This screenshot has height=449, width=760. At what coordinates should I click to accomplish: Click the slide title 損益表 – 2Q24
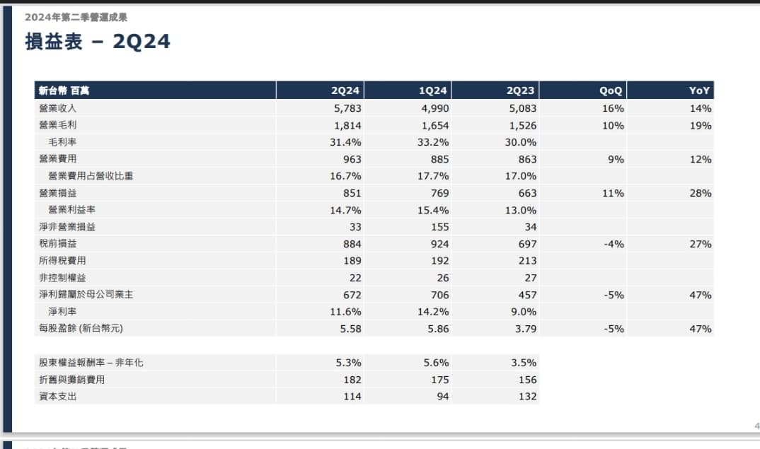tap(98, 42)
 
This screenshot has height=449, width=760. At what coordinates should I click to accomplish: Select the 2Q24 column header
tap(345, 91)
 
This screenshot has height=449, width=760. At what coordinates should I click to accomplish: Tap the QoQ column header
tap(610, 91)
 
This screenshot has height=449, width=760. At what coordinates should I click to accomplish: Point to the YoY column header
tap(699, 91)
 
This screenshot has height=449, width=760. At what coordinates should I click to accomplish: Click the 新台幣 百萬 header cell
tap(64, 91)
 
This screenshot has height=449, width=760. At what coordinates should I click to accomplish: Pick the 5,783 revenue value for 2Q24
tap(347, 108)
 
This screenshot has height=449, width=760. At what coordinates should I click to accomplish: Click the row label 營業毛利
tap(58, 125)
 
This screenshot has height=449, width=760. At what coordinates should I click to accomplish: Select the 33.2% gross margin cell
tap(433, 142)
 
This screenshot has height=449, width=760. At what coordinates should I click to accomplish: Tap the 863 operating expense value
tap(527, 159)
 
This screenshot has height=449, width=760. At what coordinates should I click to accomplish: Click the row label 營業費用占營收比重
tap(91, 176)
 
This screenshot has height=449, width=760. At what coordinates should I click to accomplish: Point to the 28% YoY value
tap(701, 193)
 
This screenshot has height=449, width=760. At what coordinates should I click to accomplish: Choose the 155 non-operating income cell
tap(439, 227)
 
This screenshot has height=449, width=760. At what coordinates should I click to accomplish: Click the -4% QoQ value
tap(614, 244)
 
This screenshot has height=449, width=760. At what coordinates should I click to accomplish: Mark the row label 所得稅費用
tap(62, 261)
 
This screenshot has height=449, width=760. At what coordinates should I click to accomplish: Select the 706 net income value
tap(439, 295)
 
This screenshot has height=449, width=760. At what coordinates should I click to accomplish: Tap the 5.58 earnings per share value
tap(350, 329)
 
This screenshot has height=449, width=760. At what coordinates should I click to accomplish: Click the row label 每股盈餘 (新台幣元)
tap(81, 328)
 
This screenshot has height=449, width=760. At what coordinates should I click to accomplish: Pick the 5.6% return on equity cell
tap(436, 363)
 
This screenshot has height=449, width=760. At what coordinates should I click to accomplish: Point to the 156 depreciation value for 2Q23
tap(527, 380)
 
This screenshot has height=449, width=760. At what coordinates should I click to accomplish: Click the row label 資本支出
tap(58, 397)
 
